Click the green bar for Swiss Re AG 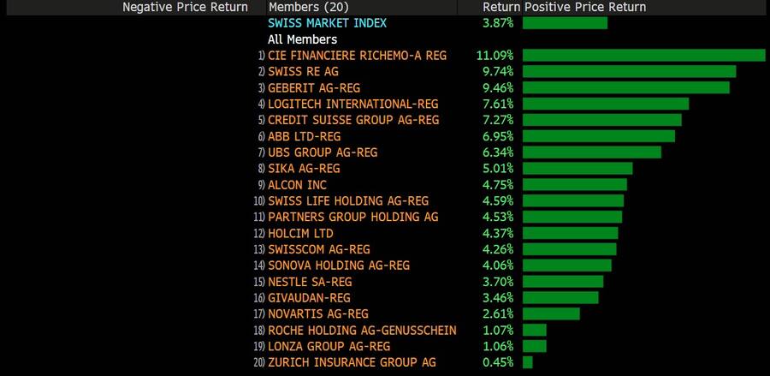(629, 71)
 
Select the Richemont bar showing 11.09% (643, 55)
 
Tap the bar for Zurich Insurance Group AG (528, 362)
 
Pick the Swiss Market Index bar (565, 22)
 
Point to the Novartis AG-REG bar (551, 314)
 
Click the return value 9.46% (496, 87)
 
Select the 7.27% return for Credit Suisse (496, 120)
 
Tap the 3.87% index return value (496, 22)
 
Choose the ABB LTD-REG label (305, 136)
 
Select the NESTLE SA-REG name (310, 282)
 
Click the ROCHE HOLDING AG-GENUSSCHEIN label (362, 331)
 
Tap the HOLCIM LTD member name (300, 233)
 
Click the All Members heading (302, 39)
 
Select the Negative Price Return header (185, 7)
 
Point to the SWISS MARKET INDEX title (327, 22)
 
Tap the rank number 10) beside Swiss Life (259, 201)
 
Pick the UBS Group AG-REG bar (592, 152)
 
